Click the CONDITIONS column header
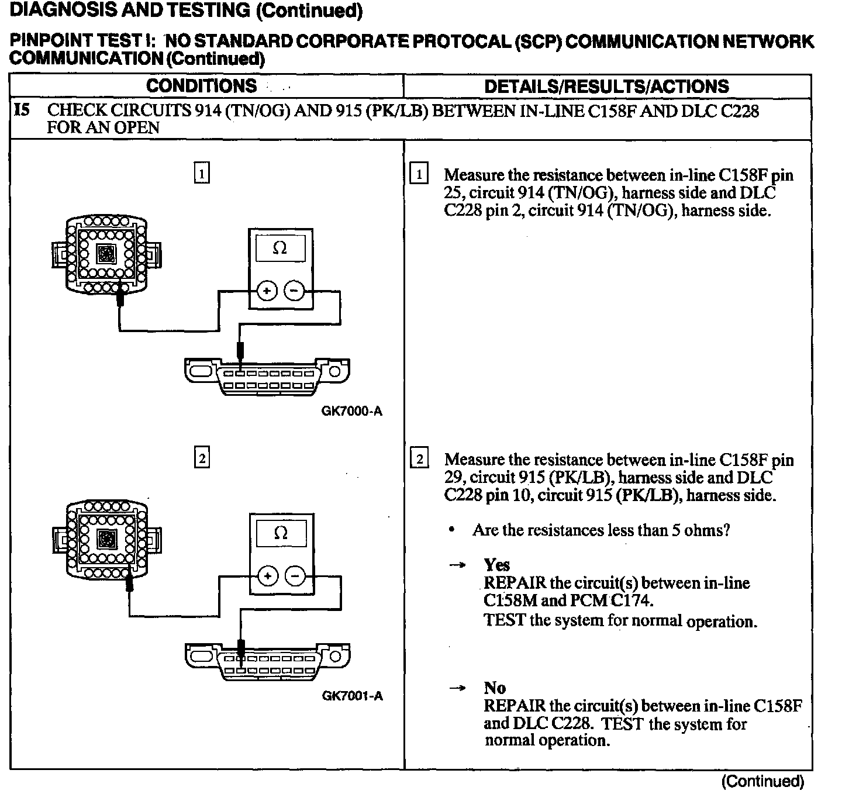point(201,86)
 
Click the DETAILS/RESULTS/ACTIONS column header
point(607,86)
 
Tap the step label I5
point(22,111)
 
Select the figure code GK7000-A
point(352,411)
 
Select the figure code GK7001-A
point(353,696)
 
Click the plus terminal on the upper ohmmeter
point(267,291)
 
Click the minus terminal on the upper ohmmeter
point(294,291)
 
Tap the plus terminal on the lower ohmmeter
point(268,576)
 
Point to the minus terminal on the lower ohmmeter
point(295,576)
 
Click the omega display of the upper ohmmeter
point(280,248)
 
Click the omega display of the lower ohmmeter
point(281,533)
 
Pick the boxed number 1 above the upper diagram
point(202,172)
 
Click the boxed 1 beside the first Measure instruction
point(419,173)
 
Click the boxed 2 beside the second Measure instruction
point(419,458)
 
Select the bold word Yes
point(496,565)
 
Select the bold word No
point(495,688)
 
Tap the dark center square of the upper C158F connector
point(106,254)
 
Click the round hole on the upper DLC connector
point(334,371)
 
